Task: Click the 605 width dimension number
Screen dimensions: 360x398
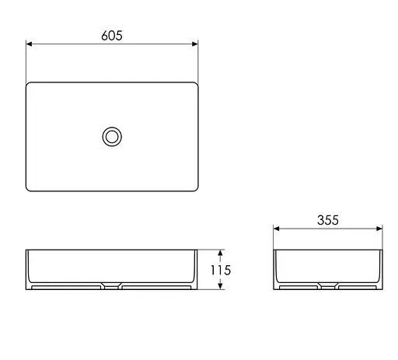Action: (x=112, y=35)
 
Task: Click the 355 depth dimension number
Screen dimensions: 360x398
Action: (x=328, y=220)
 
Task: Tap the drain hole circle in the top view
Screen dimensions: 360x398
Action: (x=112, y=137)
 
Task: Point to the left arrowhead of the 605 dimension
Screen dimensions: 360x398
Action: (x=30, y=45)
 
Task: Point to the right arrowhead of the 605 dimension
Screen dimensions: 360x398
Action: (x=195, y=45)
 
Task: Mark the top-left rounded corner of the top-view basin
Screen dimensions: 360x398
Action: (x=30, y=84)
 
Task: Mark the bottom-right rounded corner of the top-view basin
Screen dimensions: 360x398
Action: (x=195, y=189)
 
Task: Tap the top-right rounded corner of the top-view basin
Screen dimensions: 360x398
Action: (x=195, y=84)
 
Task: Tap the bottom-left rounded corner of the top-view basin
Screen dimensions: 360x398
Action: (x=30, y=189)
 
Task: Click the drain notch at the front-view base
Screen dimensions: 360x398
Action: (x=112, y=286)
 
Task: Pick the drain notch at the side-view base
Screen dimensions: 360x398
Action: (x=328, y=286)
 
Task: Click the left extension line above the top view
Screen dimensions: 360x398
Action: (x=26, y=58)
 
